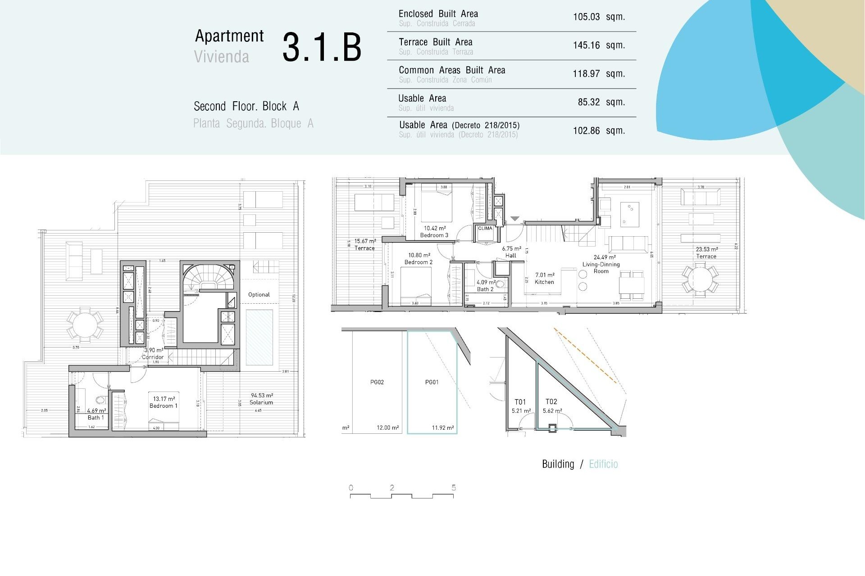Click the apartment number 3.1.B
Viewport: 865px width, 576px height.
tap(322, 47)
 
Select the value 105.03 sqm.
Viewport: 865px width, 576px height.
tap(598, 17)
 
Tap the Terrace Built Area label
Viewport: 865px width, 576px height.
tap(435, 42)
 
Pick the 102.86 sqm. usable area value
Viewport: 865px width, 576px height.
tap(598, 131)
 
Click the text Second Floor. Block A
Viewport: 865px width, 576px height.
tap(246, 107)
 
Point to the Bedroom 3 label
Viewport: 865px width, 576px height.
tap(434, 235)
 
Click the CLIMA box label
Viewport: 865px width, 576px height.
tap(485, 229)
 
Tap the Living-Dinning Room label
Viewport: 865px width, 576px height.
tap(601, 267)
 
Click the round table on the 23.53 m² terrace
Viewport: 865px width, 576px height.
tap(700, 279)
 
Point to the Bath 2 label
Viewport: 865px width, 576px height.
tap(485, 289)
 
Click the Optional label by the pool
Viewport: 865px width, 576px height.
tap(259, 295)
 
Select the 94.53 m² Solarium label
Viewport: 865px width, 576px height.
tap(261, 399)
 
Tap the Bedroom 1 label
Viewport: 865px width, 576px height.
tap(164, 405)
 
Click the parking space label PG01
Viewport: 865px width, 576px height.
tap(432, 382)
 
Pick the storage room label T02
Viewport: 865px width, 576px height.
tap(551, 402)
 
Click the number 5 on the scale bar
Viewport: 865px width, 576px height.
tap(454, 488)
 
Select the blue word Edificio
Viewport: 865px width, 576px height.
tap(603, 464)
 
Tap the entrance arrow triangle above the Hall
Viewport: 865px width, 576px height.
tap(515, 219)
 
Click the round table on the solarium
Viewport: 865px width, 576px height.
tap(85, 324)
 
